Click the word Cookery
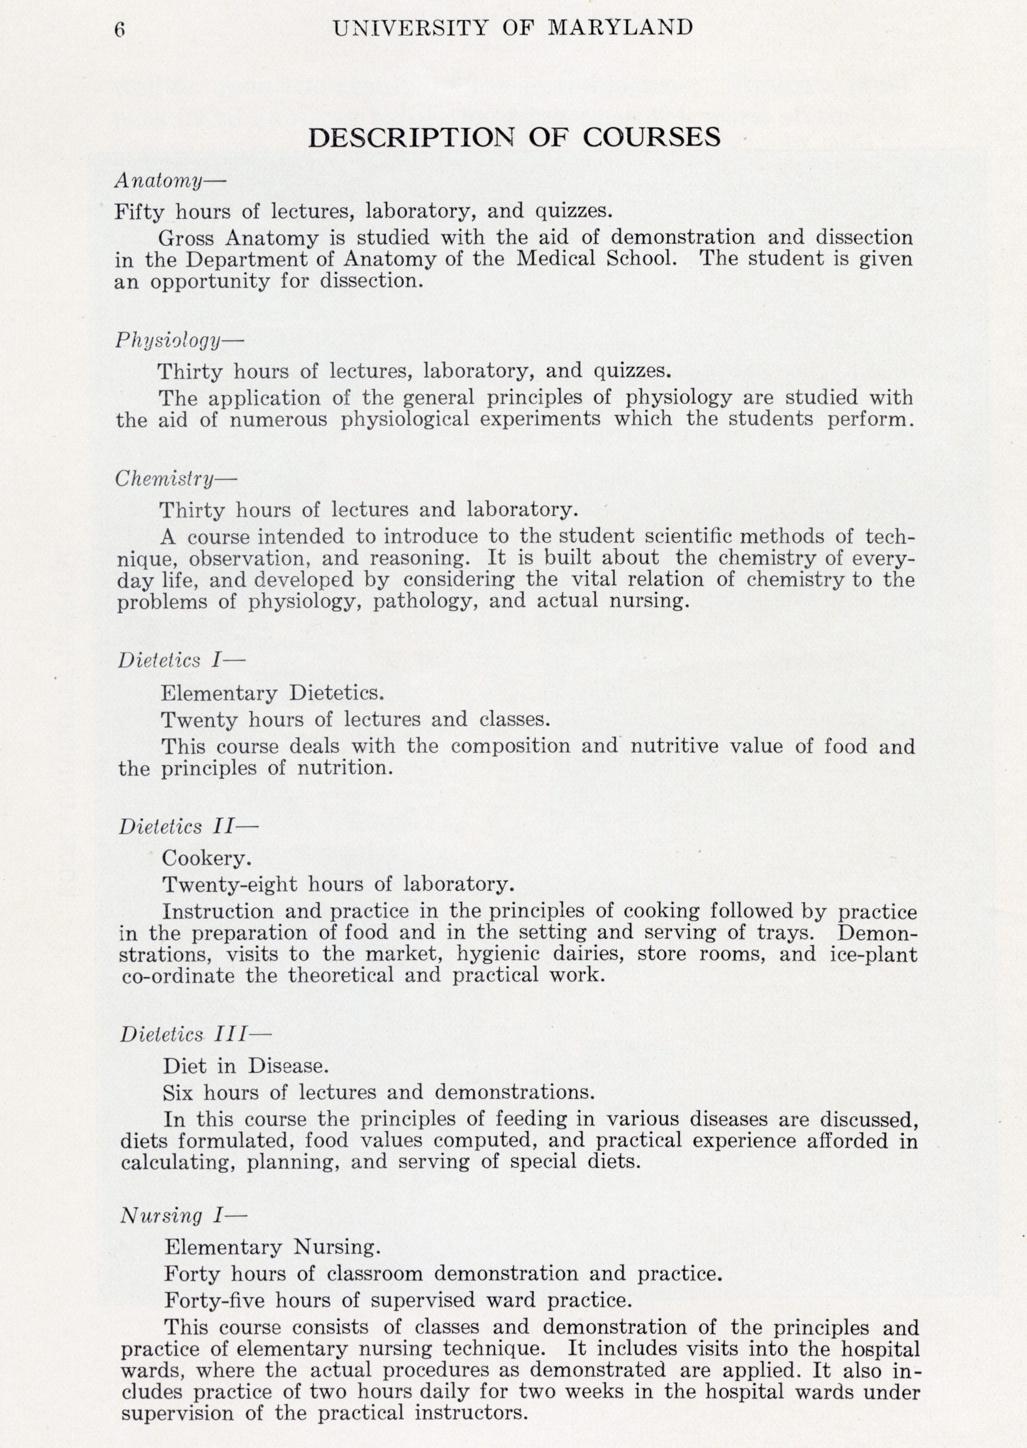pyautogui.click(x=207, y=858)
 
